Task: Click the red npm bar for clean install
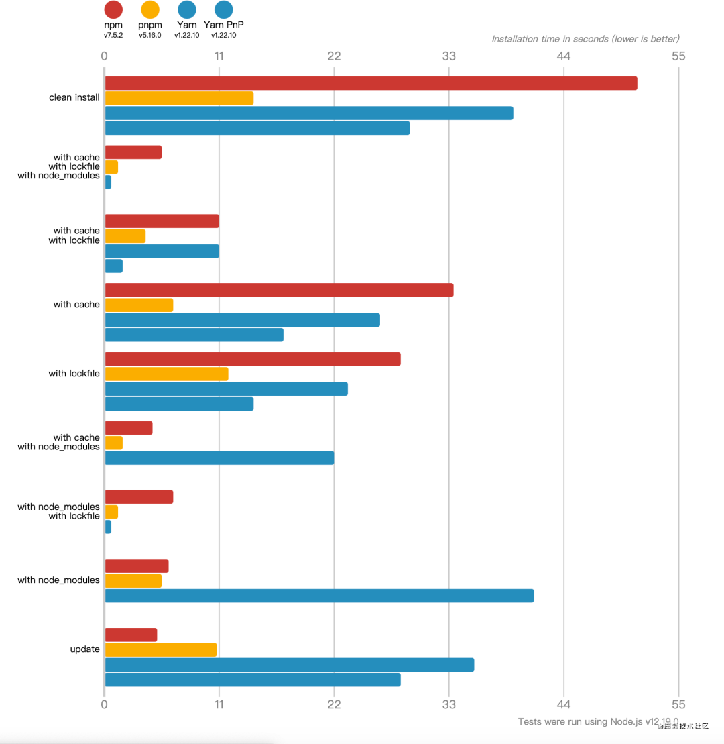tap(371, 83)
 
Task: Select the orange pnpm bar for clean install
tap(179, 98)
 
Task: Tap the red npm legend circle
tap(113, 9)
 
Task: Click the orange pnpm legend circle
tap(150, 9)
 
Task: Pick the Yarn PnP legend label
tap(224, 25)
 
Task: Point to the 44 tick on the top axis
tap(564, 56)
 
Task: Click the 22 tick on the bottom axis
tap(334, 704)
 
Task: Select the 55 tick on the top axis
tap(678, 56)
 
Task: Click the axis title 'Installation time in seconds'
tap(585, 39)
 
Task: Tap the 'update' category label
tap(85, 649)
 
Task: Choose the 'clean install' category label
tap(74, 97)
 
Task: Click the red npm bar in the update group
tap(131, 635)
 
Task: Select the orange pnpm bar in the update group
tap(161, 649)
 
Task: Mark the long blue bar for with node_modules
tap(319, 596)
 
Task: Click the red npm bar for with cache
tap(279, 290)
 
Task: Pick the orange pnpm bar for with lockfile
tap(166, 374)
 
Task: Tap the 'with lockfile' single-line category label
tap(74, 374)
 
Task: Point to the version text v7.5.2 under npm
tap(113, 35)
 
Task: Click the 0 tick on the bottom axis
tap(104, 704)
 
